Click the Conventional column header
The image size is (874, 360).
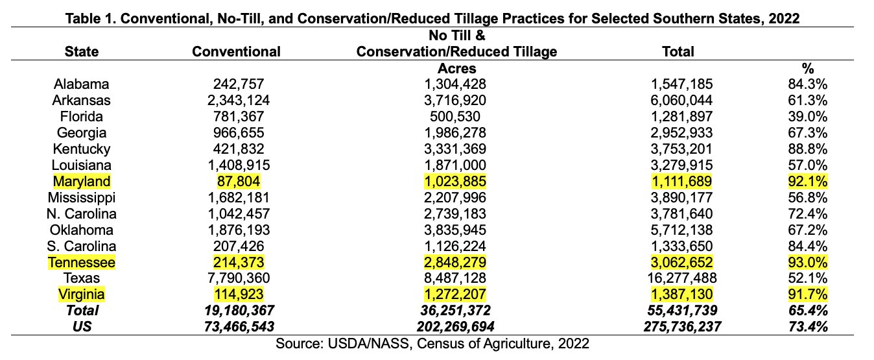[x=236, y=51]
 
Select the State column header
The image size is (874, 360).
[x=82, y=51]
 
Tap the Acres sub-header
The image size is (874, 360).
[x=456, y=68]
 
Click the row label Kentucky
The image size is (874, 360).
[x=82, y=149]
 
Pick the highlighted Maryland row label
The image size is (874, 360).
[x=82, y=182]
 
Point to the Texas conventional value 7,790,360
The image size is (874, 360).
[x=239, y=278]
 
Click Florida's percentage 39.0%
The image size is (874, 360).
[x=807, y=117]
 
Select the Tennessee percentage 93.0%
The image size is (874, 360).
[x=807, y=263]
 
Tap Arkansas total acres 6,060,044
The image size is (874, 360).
[x=681, y=101]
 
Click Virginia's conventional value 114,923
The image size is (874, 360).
[x=239, y=294]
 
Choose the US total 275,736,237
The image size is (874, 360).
[x=682, y=326]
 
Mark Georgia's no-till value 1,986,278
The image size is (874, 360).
[x=455, y=133]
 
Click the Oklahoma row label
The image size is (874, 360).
[x=82, y=230]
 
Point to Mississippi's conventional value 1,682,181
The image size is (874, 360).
[x=239, y=198]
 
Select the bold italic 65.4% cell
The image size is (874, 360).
[x=808, y=311]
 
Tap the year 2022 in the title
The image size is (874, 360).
[x=784, y=18]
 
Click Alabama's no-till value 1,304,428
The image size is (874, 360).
[x=455, y=84]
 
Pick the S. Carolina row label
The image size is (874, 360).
[x=82, y=246]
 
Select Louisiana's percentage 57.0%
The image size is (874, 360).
[x=807, y=165]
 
